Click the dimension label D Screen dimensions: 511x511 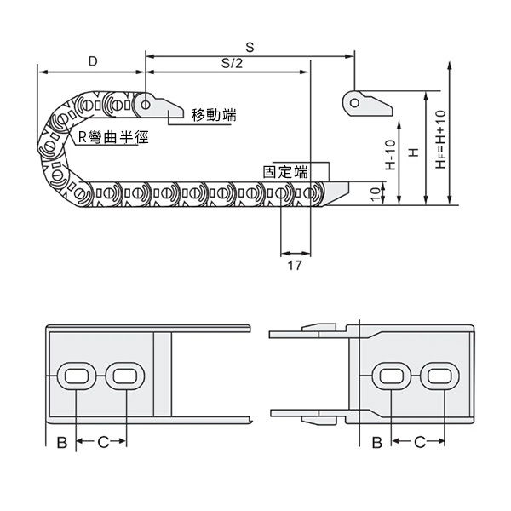tap(92, 61)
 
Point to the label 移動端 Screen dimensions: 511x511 tap(214, 115)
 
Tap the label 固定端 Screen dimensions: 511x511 tap(286, 171)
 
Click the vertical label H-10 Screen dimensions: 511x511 tap(391, 156)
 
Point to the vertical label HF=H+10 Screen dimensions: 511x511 tap(440, 140)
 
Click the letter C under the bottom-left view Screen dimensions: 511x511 tap(102, 441)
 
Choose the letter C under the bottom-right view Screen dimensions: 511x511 tap(419, 441)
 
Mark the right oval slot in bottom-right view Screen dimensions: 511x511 tap(442, 376)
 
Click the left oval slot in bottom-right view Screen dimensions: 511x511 tap(393, 376)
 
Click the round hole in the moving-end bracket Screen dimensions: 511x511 tap(147, 105)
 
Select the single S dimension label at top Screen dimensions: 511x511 tap(249, 45)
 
